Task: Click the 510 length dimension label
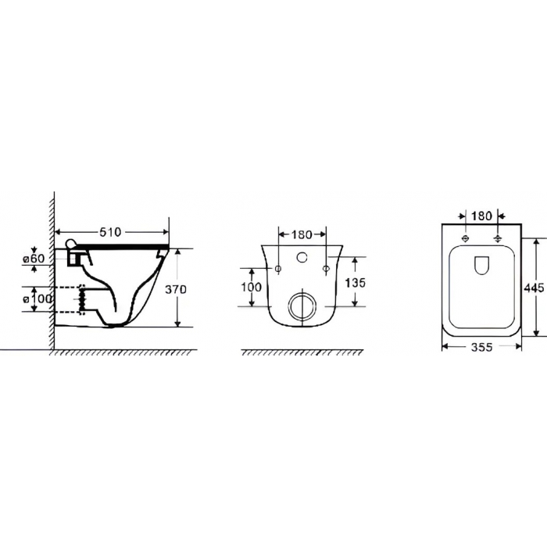pyautogui.click(x=110, y=232)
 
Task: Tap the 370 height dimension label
pyautogui.click(x=176, y=289)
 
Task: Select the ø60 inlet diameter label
pyautogui.click(x=34, y=259)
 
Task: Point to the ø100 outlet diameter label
pyautogui.click(x=38, y=299)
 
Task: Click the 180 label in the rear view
pyautogui.click(x=302, y=234)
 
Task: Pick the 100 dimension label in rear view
pyautogui.click(x=251, y=287)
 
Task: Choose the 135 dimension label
pyautogui.click(x=355, y=283)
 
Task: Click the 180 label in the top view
pyautogui.click(x=481, y=216)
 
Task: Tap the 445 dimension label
pyautogui.click(x=534, y=288)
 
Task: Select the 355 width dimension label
pyautogui.click(x=481, y=347)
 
